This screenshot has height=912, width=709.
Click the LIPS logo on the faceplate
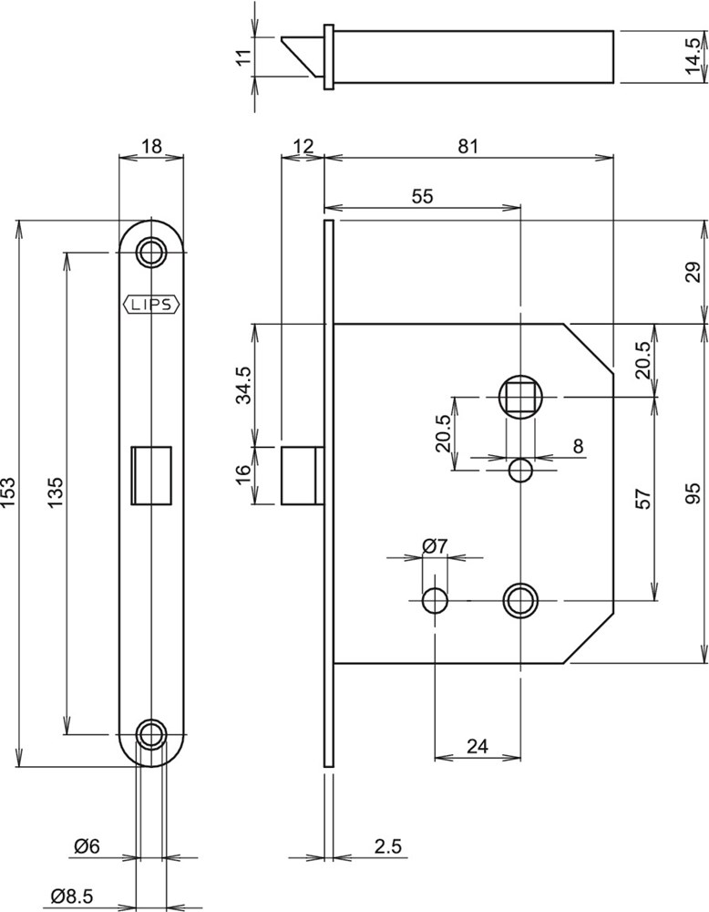(x=151, y=305)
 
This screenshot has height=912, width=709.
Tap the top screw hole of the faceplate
(x=151, y=251)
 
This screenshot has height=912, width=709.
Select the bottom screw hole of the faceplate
(x=151, y=732)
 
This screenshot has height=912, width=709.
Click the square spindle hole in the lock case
(x=520, y=397)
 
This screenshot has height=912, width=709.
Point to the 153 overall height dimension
(x=8, y=492)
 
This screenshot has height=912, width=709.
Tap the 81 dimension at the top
(x=468, y=146)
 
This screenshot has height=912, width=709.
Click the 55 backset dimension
(x=422, y=195)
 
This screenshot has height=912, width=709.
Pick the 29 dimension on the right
(x=694, y=272)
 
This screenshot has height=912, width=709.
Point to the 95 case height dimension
(x=694, y=493)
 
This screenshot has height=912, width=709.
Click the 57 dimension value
(x=642, y=499)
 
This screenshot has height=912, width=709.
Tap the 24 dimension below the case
(x=478, y=745)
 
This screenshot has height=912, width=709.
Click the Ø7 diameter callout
(x=435, y=545)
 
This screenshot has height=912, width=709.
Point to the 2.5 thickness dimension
(x=387, y=845)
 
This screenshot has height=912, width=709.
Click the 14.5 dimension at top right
(x=694, y=57)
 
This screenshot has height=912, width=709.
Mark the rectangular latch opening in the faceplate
(x=151, y=473)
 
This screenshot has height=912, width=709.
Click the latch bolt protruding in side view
(x=302, y=474)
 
